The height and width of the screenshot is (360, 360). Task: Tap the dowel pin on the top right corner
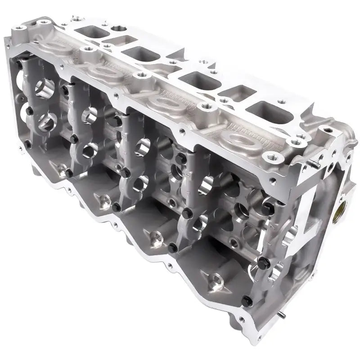(318, 166)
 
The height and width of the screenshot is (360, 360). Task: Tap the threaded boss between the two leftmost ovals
(83, 49)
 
